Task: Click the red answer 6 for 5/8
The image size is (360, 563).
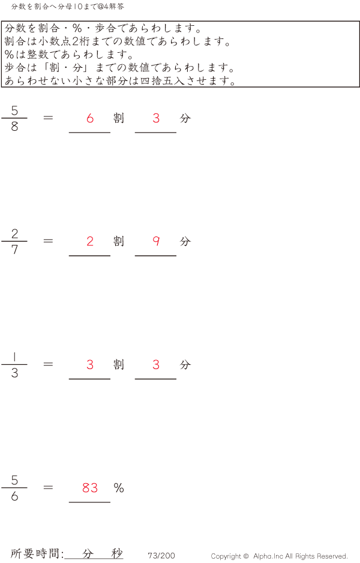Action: coord(90,118)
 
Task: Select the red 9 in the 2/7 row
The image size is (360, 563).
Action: coord(156,241)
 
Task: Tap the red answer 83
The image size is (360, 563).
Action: coord(90,488)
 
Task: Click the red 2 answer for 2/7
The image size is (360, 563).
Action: coord(90,241)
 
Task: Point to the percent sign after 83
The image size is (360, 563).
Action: coord(119,488)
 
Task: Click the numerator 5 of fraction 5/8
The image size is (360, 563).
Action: coord(14,110)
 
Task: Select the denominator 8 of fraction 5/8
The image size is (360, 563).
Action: coord(14,127)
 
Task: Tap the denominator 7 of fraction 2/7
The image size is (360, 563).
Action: coord(14,250)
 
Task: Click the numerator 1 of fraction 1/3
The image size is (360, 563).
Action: coord(14,357)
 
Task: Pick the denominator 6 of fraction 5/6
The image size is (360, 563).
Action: coord(14,497)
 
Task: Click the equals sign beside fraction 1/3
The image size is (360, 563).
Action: coord(49,364)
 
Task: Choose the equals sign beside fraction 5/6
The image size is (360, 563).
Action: coord(49,488)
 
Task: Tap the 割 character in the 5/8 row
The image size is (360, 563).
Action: coord(119,118)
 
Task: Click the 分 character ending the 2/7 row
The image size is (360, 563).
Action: coord(185,241)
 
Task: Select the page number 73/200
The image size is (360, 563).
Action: coord(161,556)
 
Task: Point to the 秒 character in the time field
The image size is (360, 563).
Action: coord(116,553)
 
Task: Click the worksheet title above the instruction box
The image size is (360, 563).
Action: coord(68,7)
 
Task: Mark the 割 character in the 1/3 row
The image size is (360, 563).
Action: coord(119,364)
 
